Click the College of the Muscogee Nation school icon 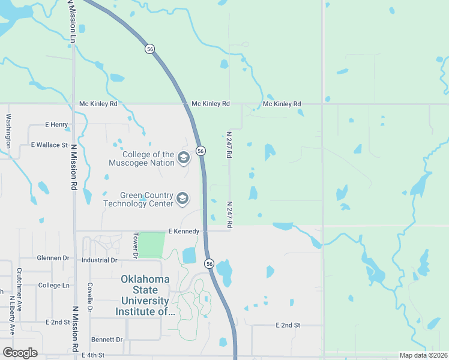click(x=183, y=158)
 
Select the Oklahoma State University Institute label click(x=145, y=295)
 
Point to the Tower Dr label click(x=136, y=246)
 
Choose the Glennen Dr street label click(x=53, y=257)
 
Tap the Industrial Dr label click(x=100, y=260)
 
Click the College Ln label click(x=53, y=285)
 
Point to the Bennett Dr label click(x=107, y=339)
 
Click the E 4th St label click(x=93, y=356)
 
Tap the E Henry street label click(x=56, y=125)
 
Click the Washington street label click(x=8, y=131)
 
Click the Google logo click(x=20, y=352)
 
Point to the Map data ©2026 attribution click(x=423, y=355)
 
